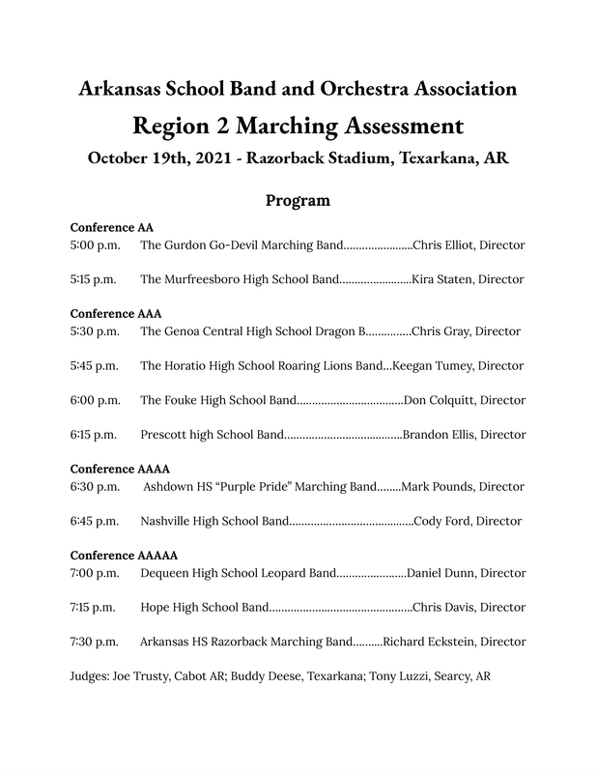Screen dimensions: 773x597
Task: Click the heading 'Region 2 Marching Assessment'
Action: [x=298, y=126]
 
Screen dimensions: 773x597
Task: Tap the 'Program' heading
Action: [x=298, y=201]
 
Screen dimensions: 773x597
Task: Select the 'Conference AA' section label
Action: [x=112, y=227]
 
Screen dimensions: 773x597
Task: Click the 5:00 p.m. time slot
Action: [x=95, y=245]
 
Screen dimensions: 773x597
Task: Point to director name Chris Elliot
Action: [x=446, y=245]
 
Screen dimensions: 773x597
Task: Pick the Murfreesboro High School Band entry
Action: [x=239, y=279]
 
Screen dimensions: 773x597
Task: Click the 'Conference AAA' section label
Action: [x=116, y=313]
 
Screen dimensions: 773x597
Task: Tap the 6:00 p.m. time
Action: [x=95, y=400]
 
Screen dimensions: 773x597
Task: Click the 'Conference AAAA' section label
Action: [x=120, y=469]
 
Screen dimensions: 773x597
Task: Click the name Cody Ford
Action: [x=442, y=521]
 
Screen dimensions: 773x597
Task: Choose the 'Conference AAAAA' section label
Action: [x=124, y=556]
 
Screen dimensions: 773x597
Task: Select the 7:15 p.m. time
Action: [x=95, y=608]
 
